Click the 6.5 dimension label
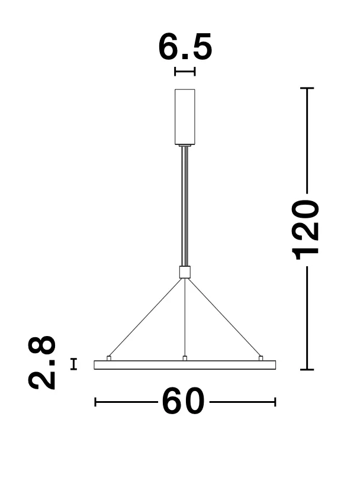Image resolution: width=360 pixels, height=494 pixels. click(185, 47)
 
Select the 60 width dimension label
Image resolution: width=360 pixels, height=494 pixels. click(183, 401)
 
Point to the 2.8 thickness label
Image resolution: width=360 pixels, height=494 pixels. click(42, 363)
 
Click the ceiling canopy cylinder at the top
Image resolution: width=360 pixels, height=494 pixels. click(185, 117)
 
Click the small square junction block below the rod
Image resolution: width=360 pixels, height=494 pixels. click(185, 272)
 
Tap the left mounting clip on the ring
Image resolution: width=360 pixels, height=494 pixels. click(109, 358)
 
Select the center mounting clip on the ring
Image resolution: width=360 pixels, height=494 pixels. click(185, 358)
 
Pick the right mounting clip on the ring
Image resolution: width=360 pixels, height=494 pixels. click(261, 358)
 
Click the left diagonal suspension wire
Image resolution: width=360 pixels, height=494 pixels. click(145, 317)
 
